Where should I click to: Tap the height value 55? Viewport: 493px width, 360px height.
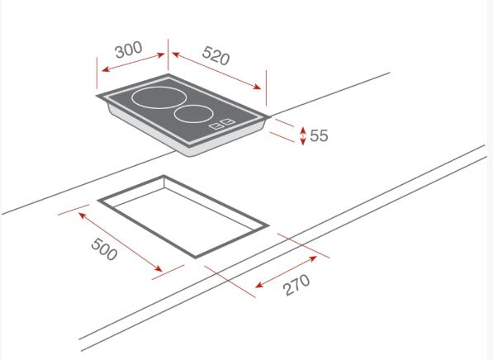click(x=319, y=135)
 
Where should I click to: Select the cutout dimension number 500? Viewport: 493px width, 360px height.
click(x=104, y=249)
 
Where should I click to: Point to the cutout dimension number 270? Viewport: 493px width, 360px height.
click(x=295, y=286)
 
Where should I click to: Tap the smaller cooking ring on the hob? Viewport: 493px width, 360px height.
click(x=196, y=113)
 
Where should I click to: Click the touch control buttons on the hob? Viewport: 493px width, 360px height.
click(x=222, y=126)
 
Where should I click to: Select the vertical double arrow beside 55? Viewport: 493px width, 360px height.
click(x=303, y=135)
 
